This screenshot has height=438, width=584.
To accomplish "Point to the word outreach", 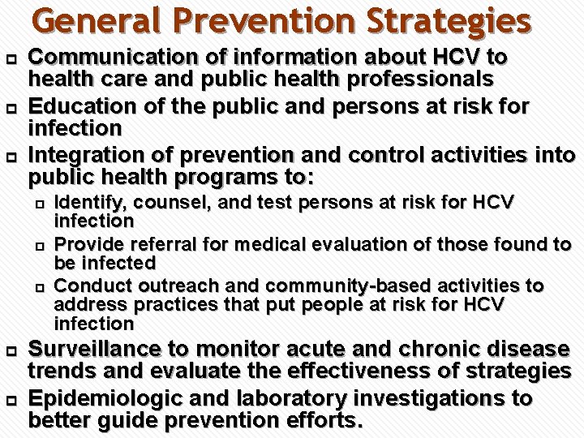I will tap(168, 286).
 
